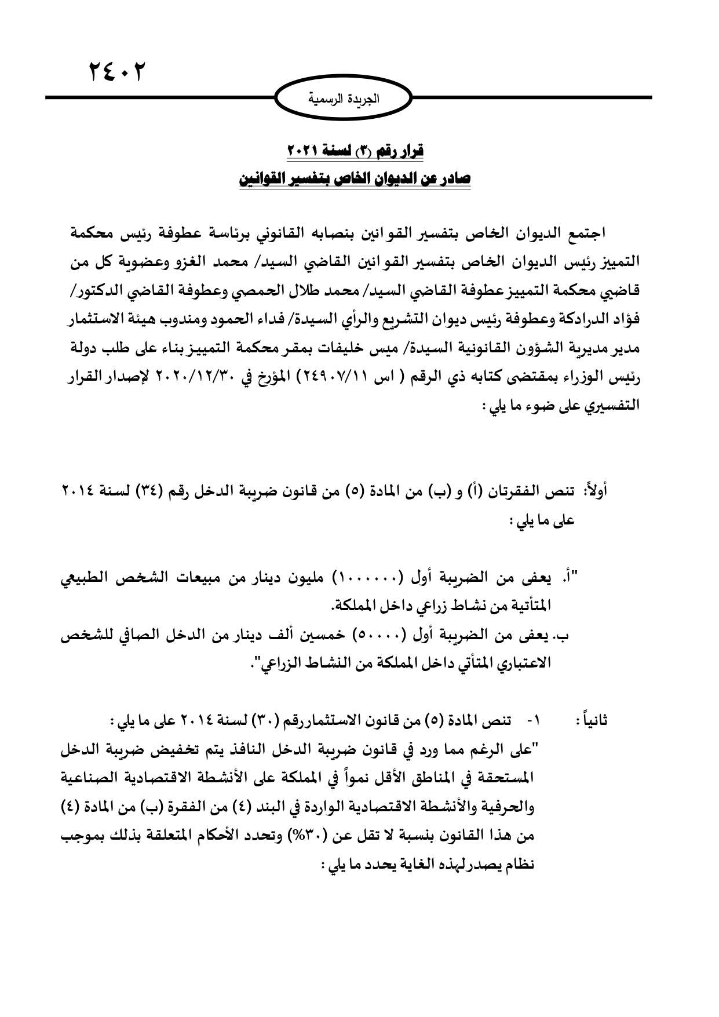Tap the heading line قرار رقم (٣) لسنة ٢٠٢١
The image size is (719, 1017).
tap(356, 152)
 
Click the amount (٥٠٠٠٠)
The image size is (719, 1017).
tap(375, 636)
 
